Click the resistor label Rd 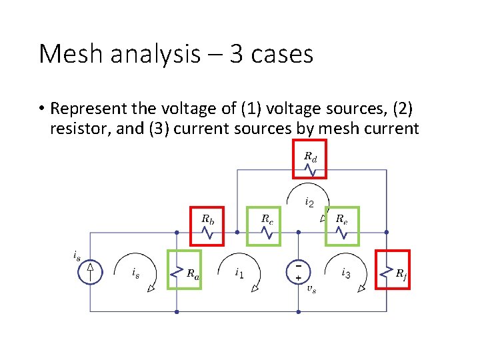[x=311, y=157]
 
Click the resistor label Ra [x=192, y=273]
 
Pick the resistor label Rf [x=401, y=273]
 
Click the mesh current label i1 [x=239, y=272]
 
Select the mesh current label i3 [x=346, y=272]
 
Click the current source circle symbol [x=91, y=271]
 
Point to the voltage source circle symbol [x=298, y=271]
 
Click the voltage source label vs [x=311, y=289]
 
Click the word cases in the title [x=280, y=54]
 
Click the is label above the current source [x=77, y=255]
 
